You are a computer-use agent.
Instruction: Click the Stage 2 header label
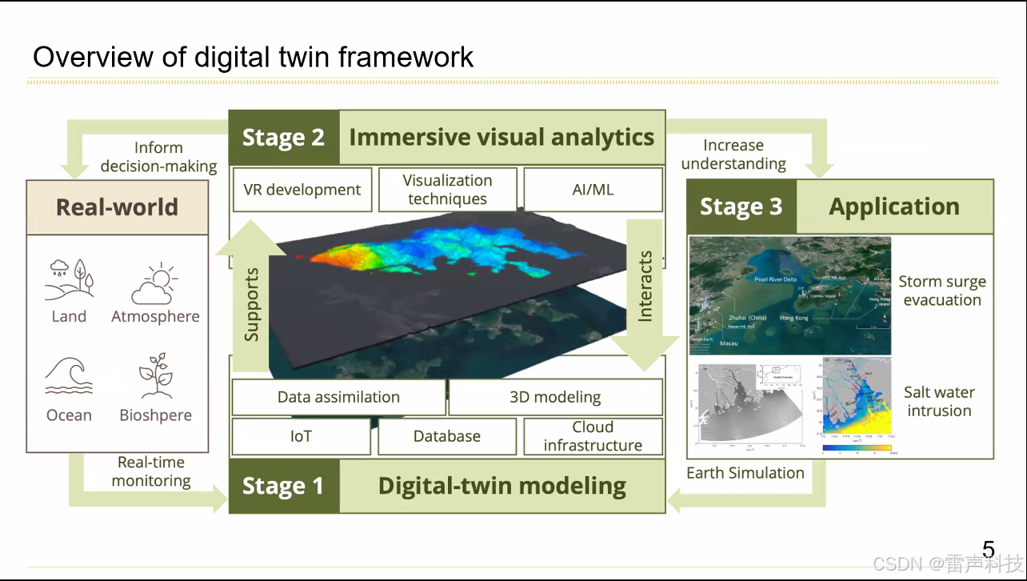(x=284, y=138)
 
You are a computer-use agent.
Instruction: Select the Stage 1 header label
(x=283, y=486)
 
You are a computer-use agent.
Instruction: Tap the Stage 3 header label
(x=741, y=206)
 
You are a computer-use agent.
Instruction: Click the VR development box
(x=302, y=190)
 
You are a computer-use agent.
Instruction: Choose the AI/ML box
(x=593, y=190)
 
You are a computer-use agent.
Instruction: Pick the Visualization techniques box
(x=447, y=190)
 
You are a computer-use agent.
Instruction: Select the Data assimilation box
(x=338, y=397)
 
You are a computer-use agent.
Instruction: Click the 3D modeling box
(x=555, y=397)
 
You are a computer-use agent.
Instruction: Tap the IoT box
(x=301, y=436)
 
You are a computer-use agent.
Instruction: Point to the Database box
(x=447, y=436)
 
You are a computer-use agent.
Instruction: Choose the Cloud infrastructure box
(x=593, y=436)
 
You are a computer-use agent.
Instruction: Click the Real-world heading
(x=117, y=207)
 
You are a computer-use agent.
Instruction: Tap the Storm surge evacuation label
(x=941, y=291)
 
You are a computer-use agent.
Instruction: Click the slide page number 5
(x=989, y=550)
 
